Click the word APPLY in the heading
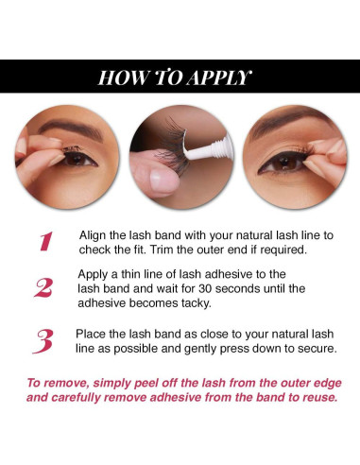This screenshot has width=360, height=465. [218, 77]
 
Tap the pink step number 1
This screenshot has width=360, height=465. [46, 241]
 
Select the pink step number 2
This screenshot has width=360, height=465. [43, 287]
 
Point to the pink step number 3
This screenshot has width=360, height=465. [43, 341]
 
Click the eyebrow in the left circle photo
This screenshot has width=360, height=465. [71, 129]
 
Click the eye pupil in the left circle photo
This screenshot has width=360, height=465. [76, 158]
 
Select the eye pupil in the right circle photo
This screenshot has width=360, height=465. [285, 162]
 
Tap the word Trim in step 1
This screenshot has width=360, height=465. [162, 250]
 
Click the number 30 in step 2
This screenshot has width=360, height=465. [205, 288]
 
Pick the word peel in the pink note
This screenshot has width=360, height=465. [146, 384]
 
